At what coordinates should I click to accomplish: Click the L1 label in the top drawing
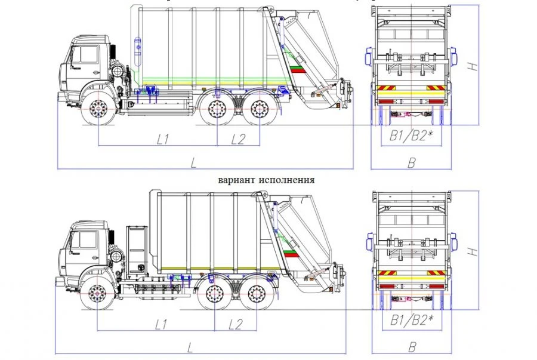163,139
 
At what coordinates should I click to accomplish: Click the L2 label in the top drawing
237,139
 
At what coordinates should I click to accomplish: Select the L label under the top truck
193,162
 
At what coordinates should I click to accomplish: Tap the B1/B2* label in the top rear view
411,137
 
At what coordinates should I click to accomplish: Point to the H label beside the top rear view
473,66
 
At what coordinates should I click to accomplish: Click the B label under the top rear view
411,162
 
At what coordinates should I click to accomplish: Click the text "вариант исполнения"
266,179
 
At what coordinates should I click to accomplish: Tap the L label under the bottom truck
190,347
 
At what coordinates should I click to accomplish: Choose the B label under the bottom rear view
411,347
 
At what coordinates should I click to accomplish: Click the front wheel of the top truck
98,110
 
